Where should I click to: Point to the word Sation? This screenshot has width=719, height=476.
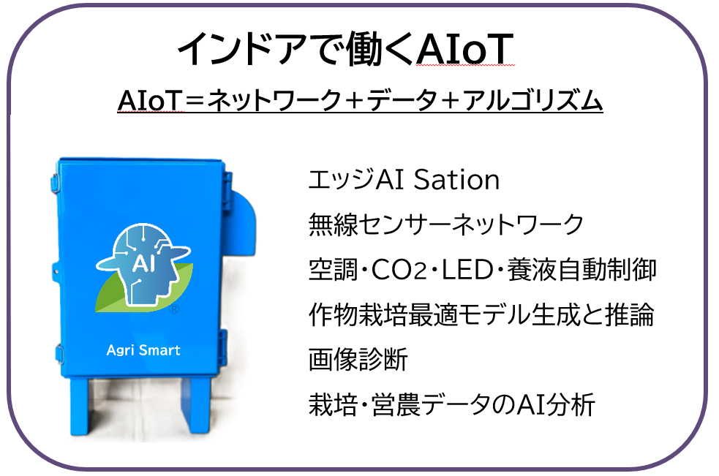456,179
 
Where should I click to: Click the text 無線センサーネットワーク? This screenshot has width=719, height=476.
445,224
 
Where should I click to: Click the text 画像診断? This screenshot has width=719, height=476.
358,360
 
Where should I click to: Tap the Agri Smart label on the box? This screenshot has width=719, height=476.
143,350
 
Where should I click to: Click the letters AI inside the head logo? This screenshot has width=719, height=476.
143,264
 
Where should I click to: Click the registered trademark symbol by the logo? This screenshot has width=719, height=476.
174,309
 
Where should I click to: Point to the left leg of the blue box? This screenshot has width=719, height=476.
80,407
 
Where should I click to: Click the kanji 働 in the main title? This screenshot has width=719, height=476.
363,48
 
